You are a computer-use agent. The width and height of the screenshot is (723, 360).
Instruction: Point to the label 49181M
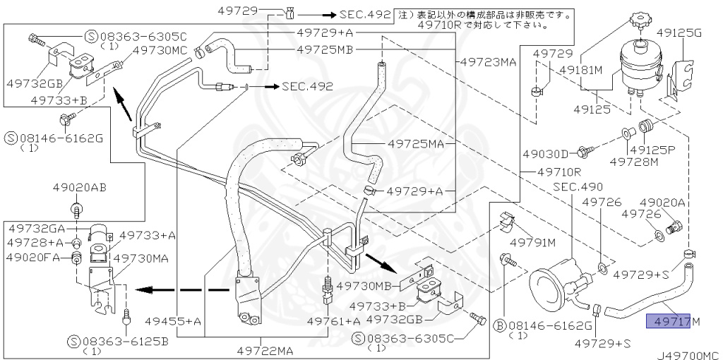581,71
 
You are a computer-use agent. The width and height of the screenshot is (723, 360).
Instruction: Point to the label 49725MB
325,49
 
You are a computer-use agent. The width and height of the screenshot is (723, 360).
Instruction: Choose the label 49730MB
364,286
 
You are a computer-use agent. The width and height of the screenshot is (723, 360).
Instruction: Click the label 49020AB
79,188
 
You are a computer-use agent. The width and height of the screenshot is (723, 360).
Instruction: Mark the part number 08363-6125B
126,341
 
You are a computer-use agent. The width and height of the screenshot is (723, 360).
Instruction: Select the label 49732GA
37,228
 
